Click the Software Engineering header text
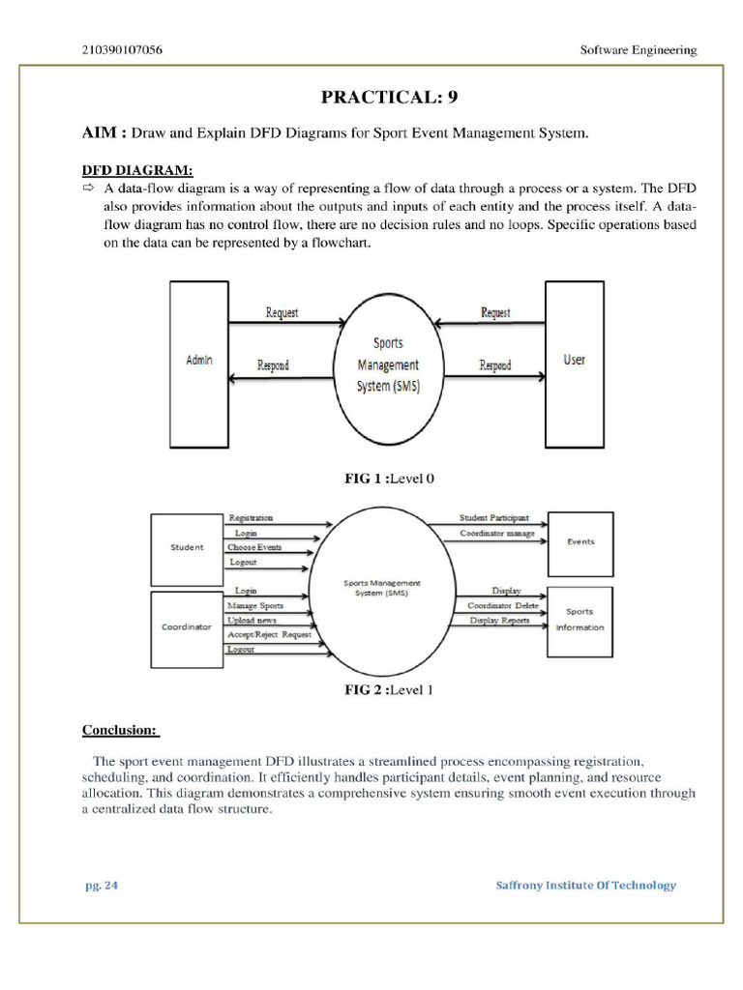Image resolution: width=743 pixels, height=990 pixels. pos(637,50)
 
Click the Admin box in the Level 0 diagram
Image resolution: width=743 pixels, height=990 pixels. pos(199,360)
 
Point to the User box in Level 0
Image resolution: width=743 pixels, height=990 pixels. pos(575,360)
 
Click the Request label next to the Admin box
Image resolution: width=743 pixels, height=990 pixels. pos(282,312)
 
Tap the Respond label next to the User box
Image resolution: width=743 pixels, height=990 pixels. pos(495,365)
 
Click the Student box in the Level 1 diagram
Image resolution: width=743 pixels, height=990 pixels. pos(187,548)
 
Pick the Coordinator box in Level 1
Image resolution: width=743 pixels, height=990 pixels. pos(187,626)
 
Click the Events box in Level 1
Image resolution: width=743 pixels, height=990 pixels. pos(580,541)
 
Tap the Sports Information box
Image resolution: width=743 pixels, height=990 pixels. pos(580,619)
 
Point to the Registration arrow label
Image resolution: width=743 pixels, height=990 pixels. pos(251,518)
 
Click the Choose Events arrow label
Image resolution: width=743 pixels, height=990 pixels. pos(254,547)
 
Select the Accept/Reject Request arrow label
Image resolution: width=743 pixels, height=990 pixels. pos(269,634)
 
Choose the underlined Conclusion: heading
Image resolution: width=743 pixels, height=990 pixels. pos(121,729)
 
